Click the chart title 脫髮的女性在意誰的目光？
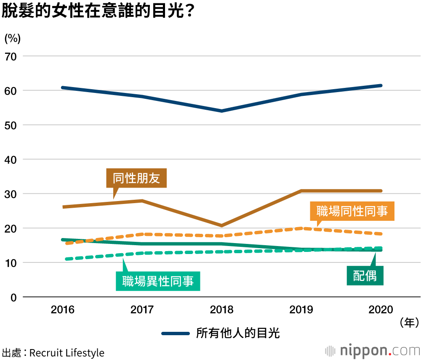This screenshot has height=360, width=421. tap(98, 11)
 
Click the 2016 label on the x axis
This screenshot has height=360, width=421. tap(62, 310)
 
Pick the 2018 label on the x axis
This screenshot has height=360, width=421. tap(222, 310)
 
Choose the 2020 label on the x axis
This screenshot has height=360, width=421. tap(381, 310)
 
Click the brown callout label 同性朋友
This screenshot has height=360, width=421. tap(136, 178)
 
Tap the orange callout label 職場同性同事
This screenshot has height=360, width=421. tap(352, 211)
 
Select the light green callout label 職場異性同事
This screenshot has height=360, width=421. tap(158, 281)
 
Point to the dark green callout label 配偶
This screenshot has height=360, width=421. tap(365, 275)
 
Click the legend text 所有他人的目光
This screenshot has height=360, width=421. tap(238, 334)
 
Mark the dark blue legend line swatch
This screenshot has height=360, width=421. tap(176, 334)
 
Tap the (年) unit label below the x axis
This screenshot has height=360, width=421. tap(409, 323)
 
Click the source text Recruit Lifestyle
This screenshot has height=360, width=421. tap(67, 352)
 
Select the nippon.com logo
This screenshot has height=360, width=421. tap(372, 350)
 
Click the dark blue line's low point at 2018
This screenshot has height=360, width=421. tap(222, 111)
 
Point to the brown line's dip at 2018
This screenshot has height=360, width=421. tap(222, 225)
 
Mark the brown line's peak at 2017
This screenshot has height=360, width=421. tap(142, 201)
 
